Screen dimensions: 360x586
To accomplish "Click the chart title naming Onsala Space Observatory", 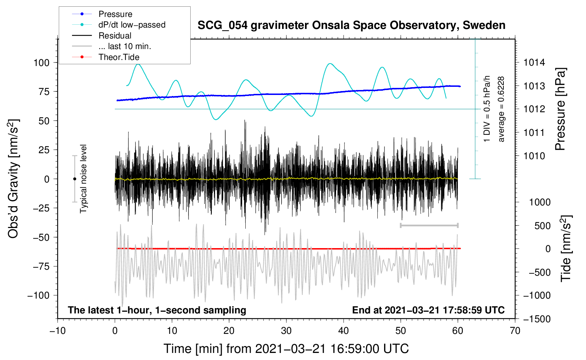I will point(351,25).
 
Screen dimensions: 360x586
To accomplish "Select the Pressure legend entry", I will point(115,14).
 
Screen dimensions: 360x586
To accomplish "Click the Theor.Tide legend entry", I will point(119,57).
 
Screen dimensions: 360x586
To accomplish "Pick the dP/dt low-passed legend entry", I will point(132,25).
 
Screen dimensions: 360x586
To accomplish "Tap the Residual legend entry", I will point(115,36).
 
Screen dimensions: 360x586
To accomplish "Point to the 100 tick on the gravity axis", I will point(41,63).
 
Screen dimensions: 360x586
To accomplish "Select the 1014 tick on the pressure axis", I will point(534,63).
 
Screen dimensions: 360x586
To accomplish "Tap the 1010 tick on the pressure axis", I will point(534,156).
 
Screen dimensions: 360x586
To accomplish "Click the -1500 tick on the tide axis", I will point(537,319).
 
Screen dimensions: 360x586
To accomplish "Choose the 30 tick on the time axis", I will point(286,331).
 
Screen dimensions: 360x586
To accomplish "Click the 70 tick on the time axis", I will point(515,331).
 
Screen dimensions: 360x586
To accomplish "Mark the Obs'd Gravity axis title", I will point(13,179).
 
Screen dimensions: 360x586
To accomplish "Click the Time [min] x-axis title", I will point(286,349).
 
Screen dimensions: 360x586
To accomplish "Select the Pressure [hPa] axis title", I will point(560,109).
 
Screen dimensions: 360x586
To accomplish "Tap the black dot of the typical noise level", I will point(74,179).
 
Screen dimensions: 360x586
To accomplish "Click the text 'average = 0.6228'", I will point(501,109).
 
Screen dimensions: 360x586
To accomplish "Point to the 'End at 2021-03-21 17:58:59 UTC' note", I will point(428,310).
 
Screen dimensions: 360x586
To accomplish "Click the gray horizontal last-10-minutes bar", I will point(429,226).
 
